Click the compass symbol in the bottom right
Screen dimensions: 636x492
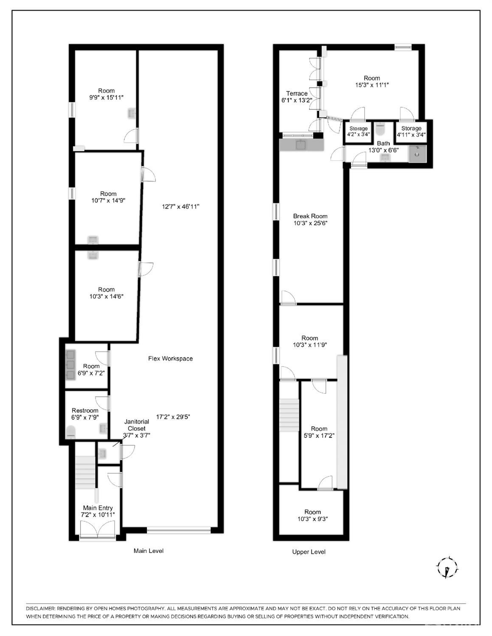click(x=447, y=567)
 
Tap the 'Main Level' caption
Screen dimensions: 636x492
click(x=148, y=551)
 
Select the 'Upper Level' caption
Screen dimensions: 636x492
click(x=309, y=552)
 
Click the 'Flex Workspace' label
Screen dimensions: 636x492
click(x=170, y=359)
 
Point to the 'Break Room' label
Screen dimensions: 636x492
click(x=310, y=216)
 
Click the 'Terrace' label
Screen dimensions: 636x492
click(x=296, y=93)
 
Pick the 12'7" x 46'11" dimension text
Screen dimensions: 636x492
click(x=180, y=207)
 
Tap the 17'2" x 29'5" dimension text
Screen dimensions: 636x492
click(x=173, y=417)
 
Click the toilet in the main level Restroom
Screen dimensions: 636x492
click(x=71, y=432)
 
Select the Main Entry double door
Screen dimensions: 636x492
click(x=98, y=530)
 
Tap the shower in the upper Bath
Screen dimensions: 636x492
click(x=417, y=153)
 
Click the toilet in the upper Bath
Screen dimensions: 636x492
click(x=380, y=128)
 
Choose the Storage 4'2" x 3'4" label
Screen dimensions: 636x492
click(x=358, y=132)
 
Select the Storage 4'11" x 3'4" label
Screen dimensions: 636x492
click(x=411, y=132)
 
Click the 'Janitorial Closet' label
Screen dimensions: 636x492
click(x=136, y=425)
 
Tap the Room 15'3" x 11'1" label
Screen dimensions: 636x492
click(x=372, y=81)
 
